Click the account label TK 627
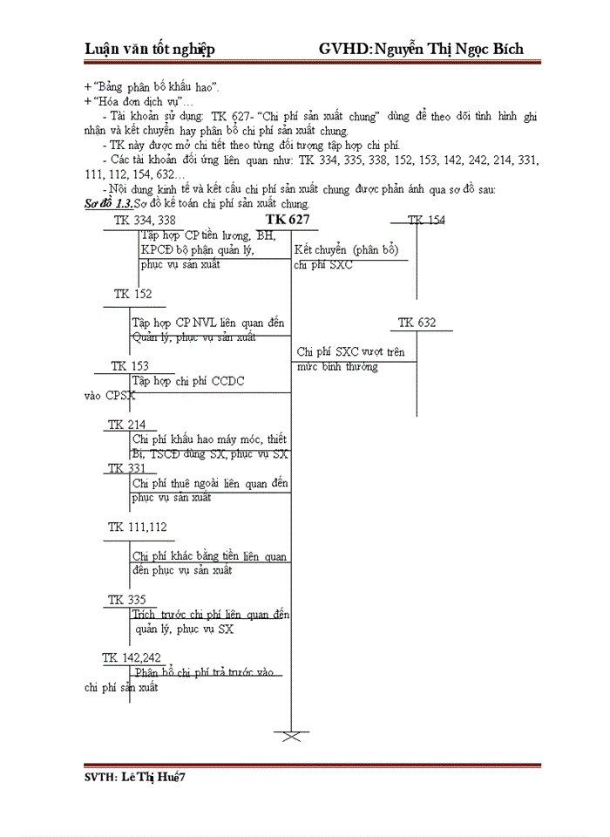click(x=288, y=219)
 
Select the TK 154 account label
click(x=426, y=220)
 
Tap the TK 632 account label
click(x=417, y=323)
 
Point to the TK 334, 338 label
click(x=145, y=220)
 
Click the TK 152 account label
click(x=132, y=295)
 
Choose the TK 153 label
click(x=130, y=366)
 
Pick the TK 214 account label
click(x=127, y=425)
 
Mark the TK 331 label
click(x=127, y=468)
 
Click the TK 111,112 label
click(x=138, y=527)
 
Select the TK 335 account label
click(x=127, y=600)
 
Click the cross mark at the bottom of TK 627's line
click(x=291, y=737)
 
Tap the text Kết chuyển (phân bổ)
click(x=347, y=250)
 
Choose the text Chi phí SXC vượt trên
click(x=351, y=352)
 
